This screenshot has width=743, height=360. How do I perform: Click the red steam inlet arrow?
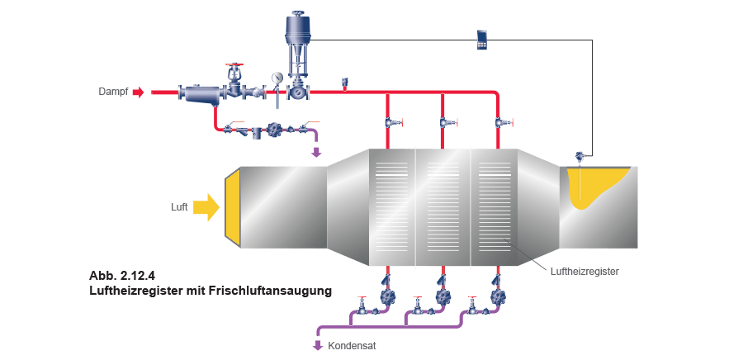coord(138,92)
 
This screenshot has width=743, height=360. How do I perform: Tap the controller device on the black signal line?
coord(482,40)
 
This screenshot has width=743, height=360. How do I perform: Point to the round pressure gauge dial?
coord(274,78)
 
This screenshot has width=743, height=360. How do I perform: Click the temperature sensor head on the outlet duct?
coord(580,156)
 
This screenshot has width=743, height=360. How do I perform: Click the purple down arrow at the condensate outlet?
coord(317,344)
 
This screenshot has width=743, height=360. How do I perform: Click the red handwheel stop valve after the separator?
coord(236,83)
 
